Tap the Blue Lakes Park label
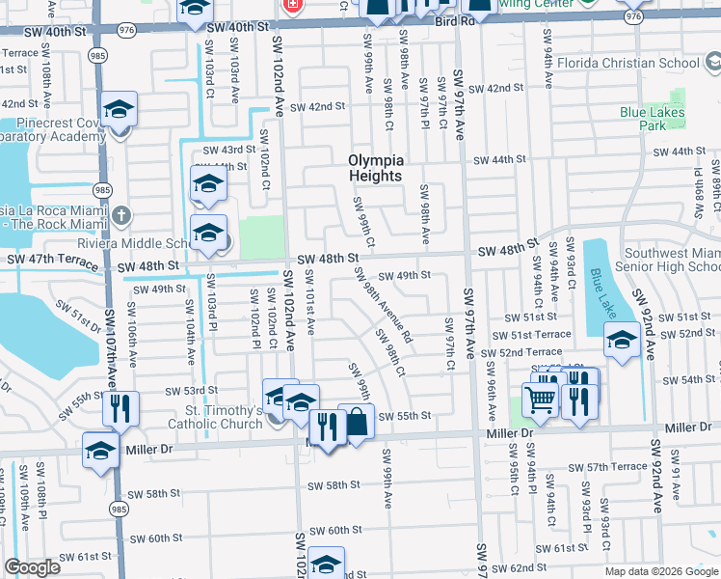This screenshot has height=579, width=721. (x=653, y=119)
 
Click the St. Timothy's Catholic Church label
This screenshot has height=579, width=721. (x=200, y=416)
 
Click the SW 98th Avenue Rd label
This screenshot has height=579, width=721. (x=383, y=305)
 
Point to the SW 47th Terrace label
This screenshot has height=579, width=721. (x=47, y=261)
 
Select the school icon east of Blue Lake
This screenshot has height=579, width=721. (x=622, y=340)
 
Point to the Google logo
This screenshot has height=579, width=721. (x=33, y=567)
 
